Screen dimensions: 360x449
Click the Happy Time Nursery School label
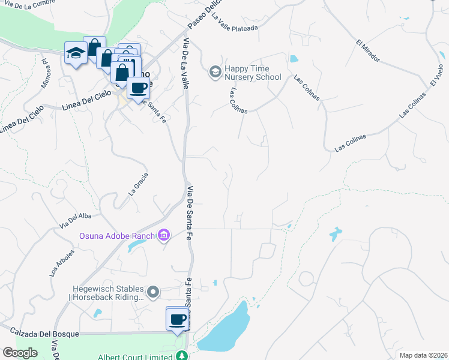(x=253, y=73)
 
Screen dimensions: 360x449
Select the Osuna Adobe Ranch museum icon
(x=163, y=236)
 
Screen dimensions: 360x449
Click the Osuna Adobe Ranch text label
(x=117, y=235)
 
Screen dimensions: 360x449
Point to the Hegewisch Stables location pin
(x=154, y=292)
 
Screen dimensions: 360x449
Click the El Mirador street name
(x=368, y=51)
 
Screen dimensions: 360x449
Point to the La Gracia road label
(x=138, y=185)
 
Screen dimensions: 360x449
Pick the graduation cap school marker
(x=76, y=53)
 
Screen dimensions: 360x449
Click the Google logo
(x=20, y=353)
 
